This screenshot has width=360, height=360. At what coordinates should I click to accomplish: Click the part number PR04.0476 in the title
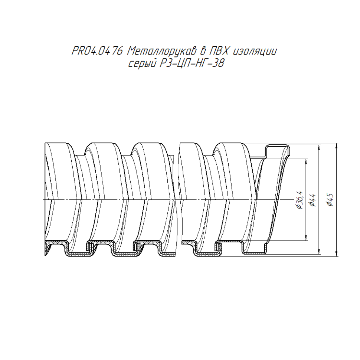coord(97,51)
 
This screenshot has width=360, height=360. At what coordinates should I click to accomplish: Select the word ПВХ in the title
coord(219,51)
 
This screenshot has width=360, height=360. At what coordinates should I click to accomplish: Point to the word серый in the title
coord(142,64)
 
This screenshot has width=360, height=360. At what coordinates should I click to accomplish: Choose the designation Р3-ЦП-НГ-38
coord(192,63)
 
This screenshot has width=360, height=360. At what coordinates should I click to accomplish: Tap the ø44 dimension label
coord(312,200)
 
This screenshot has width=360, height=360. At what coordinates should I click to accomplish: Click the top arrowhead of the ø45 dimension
coord(336,145)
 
